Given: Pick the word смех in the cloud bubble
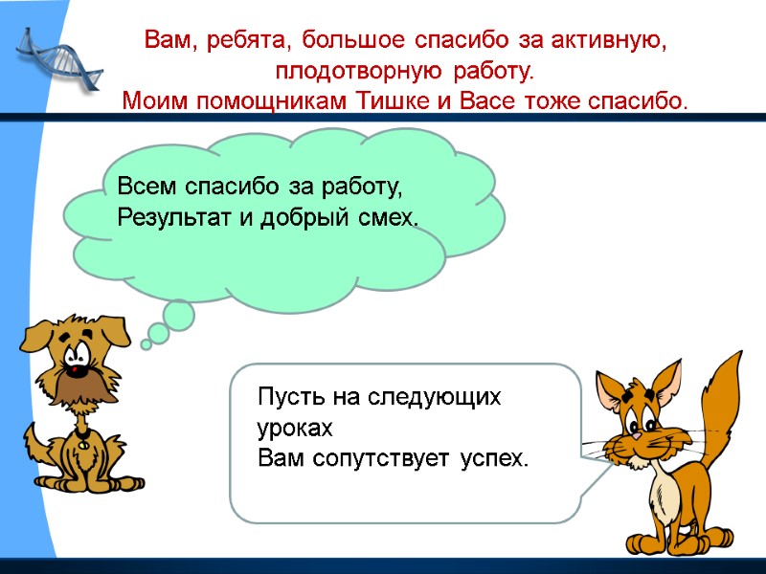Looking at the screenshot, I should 390,218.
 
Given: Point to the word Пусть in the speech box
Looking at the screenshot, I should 288,397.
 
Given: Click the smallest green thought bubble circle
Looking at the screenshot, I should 146,343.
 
